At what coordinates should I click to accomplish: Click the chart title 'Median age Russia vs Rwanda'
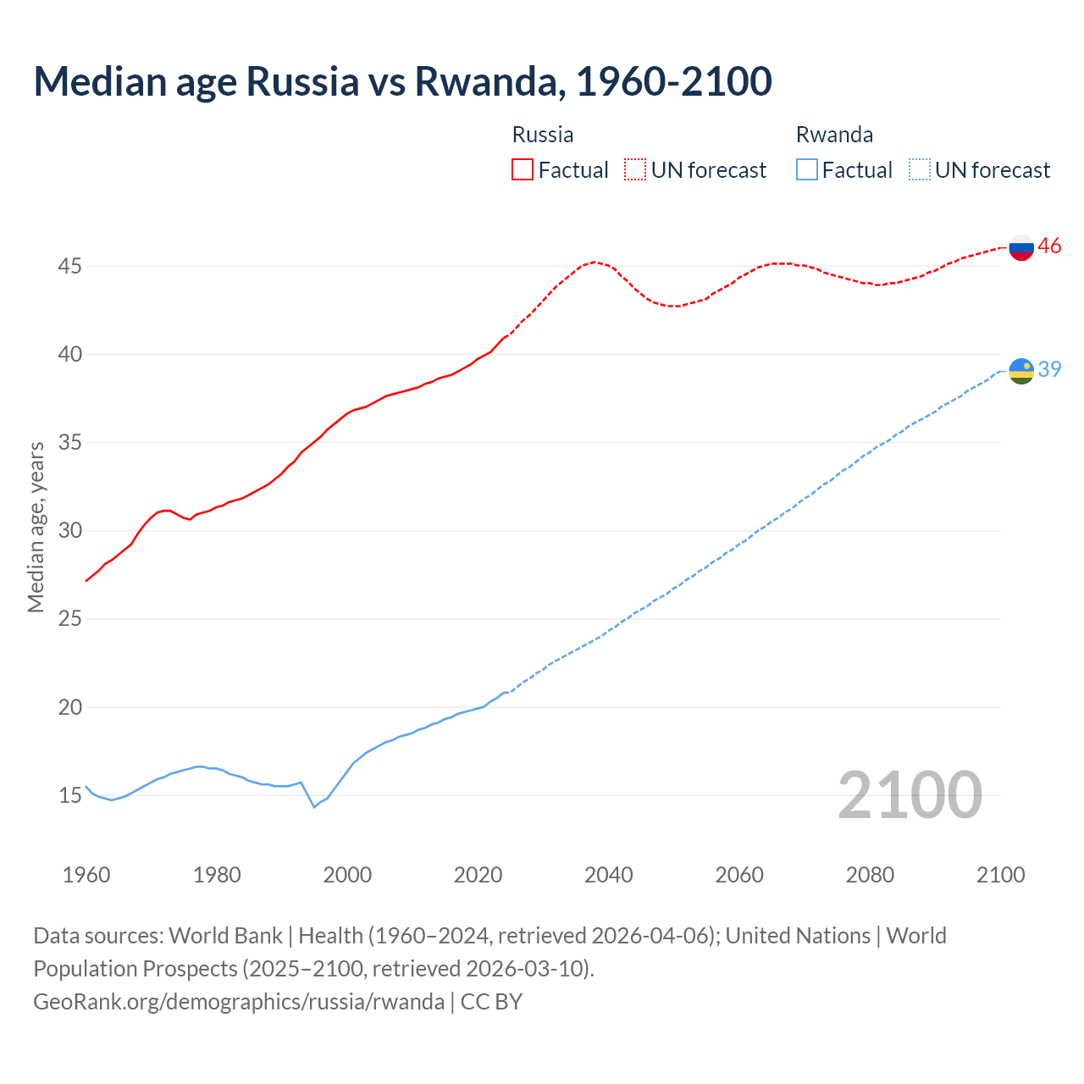pos(402,81)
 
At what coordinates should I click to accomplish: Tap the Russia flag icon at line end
pos(1021,247)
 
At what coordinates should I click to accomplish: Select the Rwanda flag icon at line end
pos(1021,371)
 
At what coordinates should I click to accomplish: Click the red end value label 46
pos(1049,246)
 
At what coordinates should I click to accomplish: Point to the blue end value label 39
pos(1049,370)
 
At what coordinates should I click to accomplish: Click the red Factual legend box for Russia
pos(523,170)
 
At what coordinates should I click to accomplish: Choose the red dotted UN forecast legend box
pos(635,170)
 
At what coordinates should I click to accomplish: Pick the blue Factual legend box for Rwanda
pos(807,170)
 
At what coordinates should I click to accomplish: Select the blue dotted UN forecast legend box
pos(919,170)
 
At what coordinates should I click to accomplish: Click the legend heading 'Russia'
pos(543,135)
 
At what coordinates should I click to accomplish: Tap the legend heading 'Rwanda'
pos(834,135)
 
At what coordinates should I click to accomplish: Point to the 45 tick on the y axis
pos(69,266)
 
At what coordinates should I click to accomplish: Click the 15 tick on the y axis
pos(69,795)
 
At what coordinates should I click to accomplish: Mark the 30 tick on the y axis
pos(69,531)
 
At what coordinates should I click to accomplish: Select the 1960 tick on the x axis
pos(86,875)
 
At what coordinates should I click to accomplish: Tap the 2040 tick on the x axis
pos(609,875)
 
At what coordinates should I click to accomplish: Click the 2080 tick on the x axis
pos(870,875)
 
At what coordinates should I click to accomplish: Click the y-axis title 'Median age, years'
pos(36,527)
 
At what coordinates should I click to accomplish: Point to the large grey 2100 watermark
pos(910,795)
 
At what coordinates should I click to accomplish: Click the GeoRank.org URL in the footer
pos(239,1002)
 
